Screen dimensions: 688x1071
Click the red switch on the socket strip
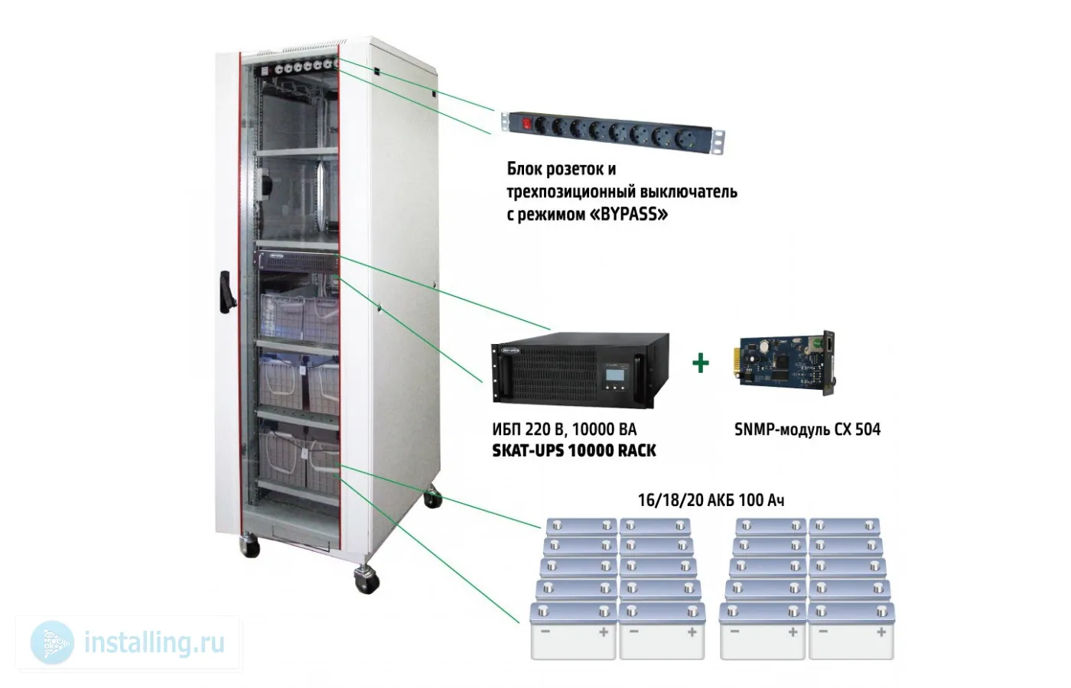point(526,122)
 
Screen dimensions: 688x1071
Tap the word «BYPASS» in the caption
point(628,214)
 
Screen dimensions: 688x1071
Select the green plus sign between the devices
point(700,363)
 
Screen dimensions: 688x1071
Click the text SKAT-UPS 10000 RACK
point(574,451)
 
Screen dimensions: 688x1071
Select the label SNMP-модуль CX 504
point(807,430)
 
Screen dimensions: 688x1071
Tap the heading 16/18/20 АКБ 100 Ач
point(711,501)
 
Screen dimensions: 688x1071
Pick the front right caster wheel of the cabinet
point(366,579)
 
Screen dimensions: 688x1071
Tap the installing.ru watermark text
point(154,642)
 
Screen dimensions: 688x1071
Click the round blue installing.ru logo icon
point(52,642)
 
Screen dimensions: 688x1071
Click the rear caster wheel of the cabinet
point(434,498)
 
